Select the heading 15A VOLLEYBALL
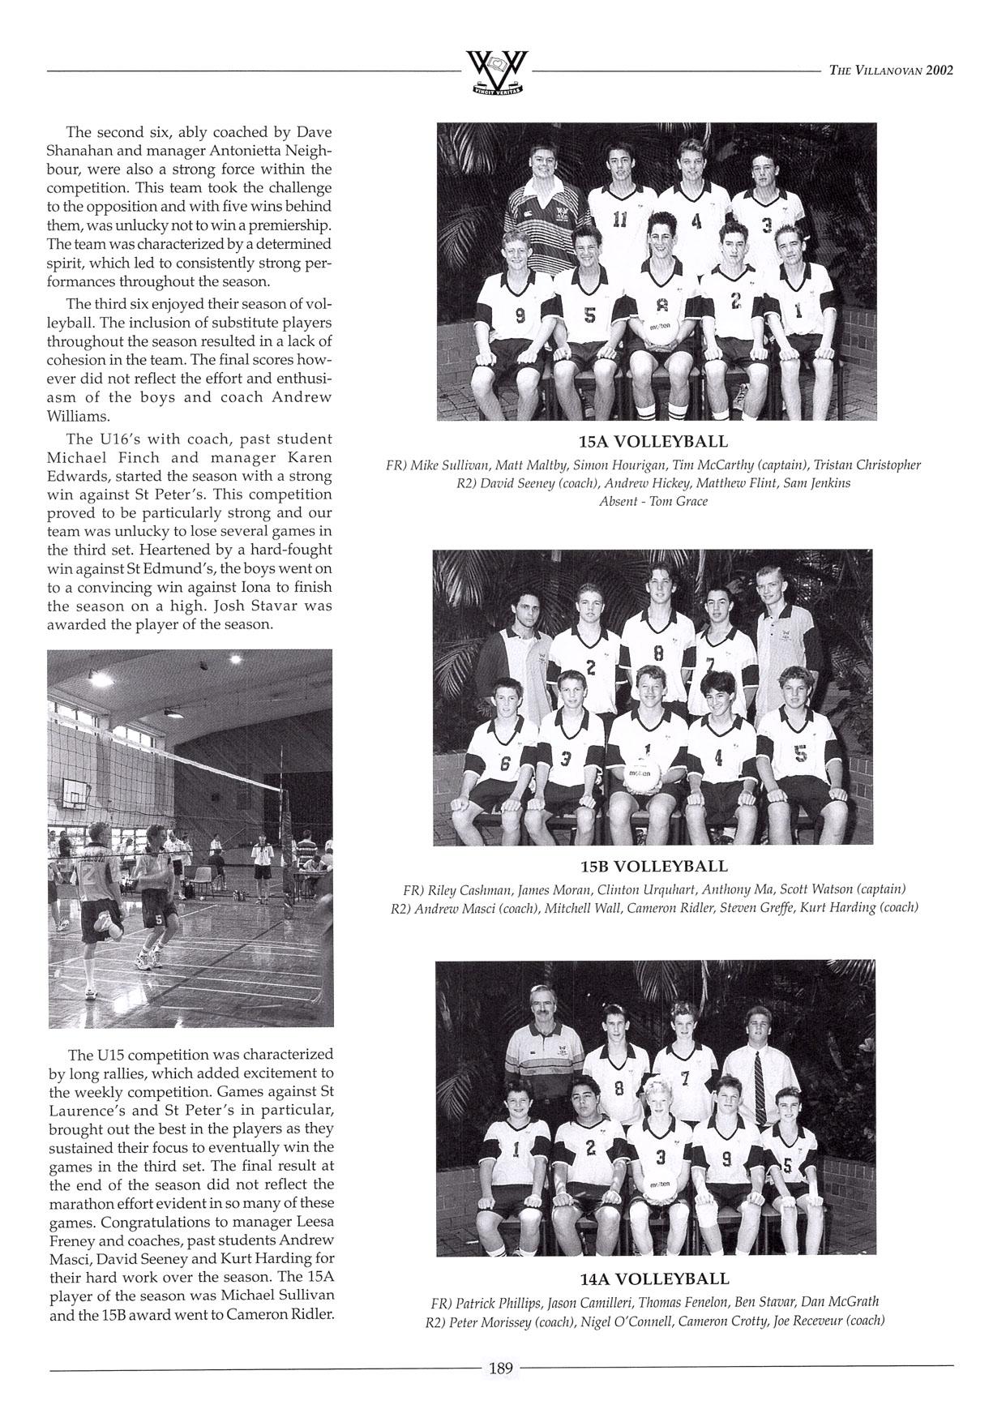tap(653, 442)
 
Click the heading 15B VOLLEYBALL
tap(653, 866)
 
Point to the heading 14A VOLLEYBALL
tap(654, 1279)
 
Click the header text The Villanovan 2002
tap(891, 70)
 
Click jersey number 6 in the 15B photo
tap(505, 763)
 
